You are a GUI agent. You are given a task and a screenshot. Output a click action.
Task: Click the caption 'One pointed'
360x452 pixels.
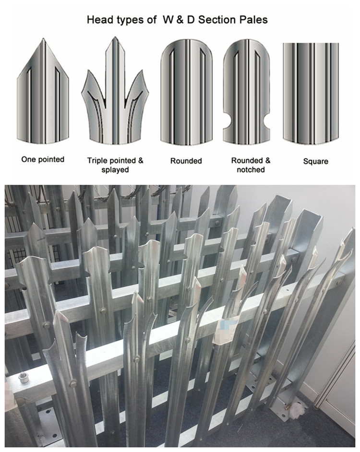(x=43, y=159)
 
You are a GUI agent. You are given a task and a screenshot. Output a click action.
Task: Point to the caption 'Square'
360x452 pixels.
(x=315, y=161)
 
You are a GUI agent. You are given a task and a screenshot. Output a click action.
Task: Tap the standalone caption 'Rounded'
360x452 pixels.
(x=186, y=161)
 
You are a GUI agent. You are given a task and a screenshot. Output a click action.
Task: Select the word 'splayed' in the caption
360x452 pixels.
(x=115, y=170)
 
